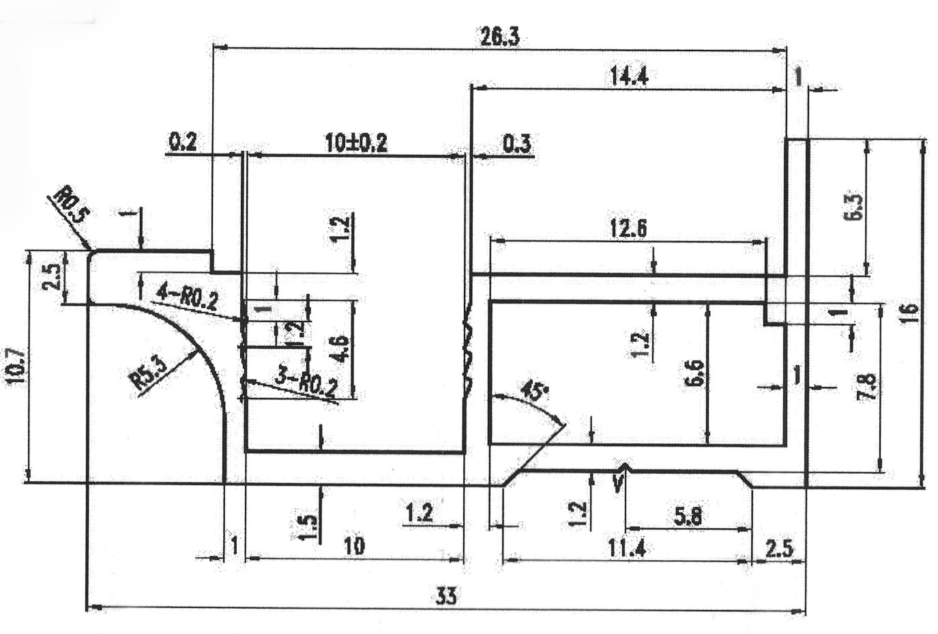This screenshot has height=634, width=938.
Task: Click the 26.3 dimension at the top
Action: coord(499,36)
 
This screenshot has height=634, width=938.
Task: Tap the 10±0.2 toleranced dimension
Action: coord(355,143)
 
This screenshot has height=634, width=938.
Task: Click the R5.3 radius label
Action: coord(149,373)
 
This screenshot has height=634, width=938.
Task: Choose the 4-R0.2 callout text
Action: coord(187,298)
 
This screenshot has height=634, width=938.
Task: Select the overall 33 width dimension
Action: coord(446,596)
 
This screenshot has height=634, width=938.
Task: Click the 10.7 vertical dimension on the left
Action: coord(16,366)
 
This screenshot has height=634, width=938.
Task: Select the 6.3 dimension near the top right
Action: coord(858,207)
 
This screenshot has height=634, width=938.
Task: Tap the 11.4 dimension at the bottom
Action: coord(627,547)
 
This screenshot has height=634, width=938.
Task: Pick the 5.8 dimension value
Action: coord(687,517)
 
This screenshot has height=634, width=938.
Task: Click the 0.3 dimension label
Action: coord(516,144)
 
